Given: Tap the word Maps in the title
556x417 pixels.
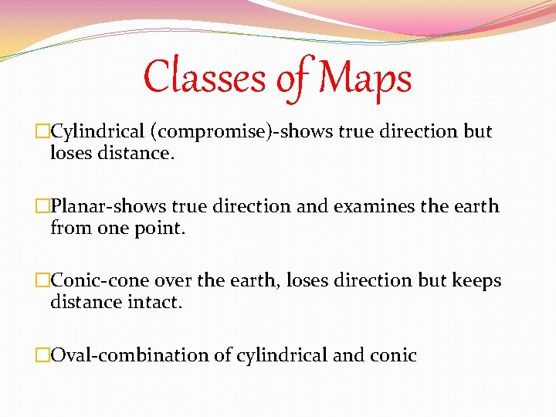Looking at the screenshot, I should [364, 78].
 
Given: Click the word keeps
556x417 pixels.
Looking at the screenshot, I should [476, 282].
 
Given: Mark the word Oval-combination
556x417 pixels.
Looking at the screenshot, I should [129, 356].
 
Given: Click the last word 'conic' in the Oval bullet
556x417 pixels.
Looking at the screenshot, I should [395, 356].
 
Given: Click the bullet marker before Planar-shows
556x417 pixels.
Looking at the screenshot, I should [42, 207].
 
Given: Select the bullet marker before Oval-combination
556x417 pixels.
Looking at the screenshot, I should [42, 356].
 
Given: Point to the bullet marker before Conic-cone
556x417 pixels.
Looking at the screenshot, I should [42, 281].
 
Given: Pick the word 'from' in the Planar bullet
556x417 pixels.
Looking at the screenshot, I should [67, 228].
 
